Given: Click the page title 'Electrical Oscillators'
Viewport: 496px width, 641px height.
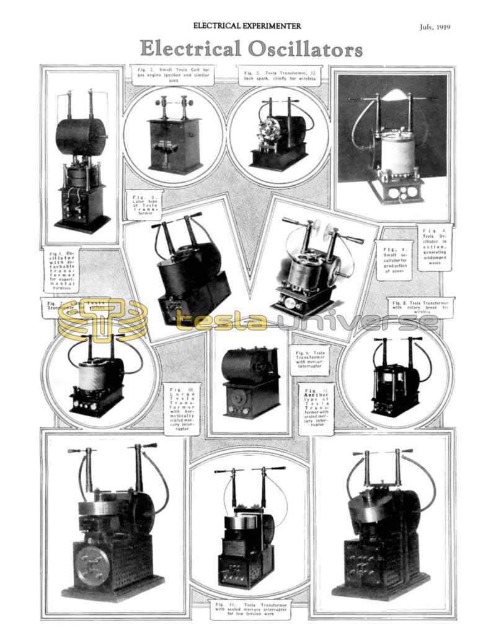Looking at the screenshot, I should (x=251, y=48).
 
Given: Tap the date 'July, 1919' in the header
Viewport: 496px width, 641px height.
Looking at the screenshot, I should (x=434, y=27).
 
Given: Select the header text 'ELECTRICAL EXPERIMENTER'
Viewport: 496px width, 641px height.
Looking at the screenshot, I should (x=247, y=26).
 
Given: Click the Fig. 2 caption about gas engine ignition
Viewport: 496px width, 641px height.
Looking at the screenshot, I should (x=174, y=74).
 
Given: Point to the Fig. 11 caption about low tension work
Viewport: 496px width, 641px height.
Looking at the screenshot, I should (x=249, y=609).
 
